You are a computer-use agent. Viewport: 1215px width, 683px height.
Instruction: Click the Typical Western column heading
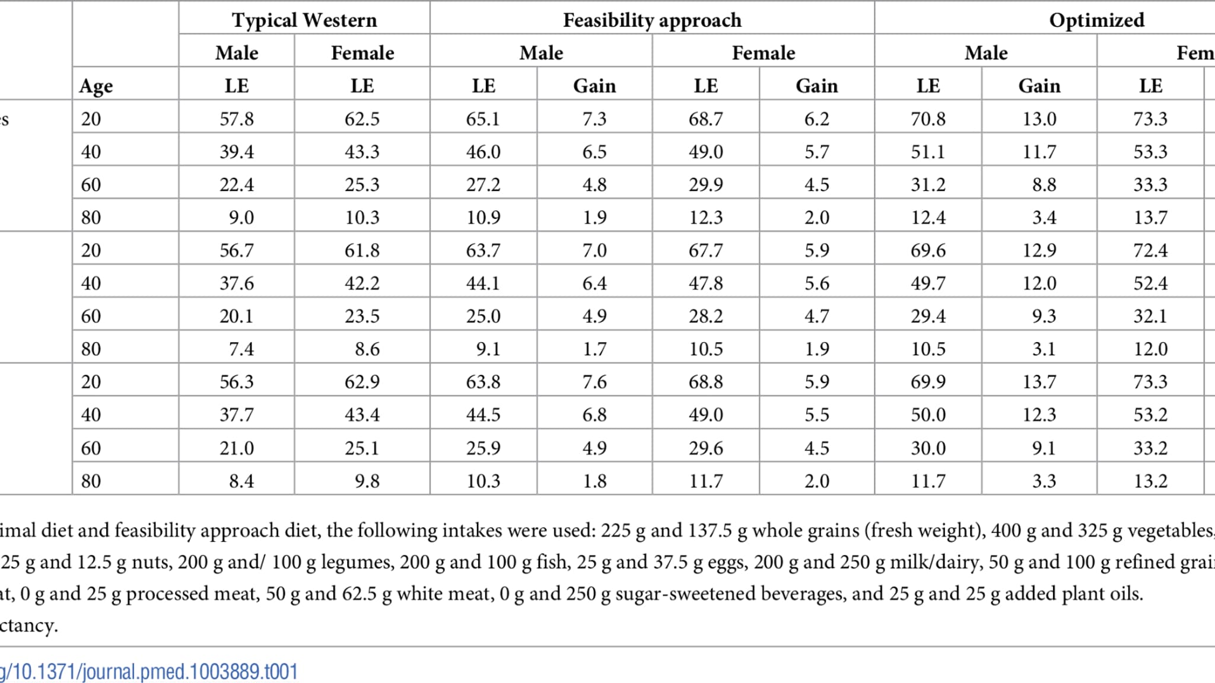(x=304, y=20)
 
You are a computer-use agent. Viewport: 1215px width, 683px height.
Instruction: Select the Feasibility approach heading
(x=652, y=20)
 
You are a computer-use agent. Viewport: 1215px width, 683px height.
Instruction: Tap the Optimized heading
(x=1096, y=20)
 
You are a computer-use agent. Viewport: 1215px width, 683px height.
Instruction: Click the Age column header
(x=96, y=86)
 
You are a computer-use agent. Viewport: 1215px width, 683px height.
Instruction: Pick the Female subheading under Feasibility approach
(x=763, y=53)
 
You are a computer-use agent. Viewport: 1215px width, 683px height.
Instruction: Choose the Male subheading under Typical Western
(x=236, y=53)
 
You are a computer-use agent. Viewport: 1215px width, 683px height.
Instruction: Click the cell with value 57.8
(x=236, y=119)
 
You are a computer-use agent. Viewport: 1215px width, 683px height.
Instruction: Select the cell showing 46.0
(x=483, y=152)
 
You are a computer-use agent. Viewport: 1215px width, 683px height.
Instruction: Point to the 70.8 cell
(x=928, y=119)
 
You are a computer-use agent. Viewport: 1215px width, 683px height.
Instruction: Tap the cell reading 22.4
(x=236, y=184)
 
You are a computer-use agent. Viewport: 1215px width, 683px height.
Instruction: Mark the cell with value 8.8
(x=1044, y=184)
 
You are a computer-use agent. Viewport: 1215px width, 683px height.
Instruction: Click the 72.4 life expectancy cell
(x=1150, y=250)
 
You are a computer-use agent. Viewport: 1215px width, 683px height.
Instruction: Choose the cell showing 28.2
(x=705, y=316)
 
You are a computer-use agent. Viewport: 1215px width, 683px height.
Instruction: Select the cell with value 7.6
(x=594, y=381)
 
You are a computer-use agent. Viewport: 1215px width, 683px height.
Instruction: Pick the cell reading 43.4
(x=362, y=414)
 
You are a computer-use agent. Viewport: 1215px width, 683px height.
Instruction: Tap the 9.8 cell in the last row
(x=367, y=480)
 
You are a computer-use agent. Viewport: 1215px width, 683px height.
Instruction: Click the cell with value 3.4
(x=1044, y=218)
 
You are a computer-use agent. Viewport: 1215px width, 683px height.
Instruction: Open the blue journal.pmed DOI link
(x=148, y=672)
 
